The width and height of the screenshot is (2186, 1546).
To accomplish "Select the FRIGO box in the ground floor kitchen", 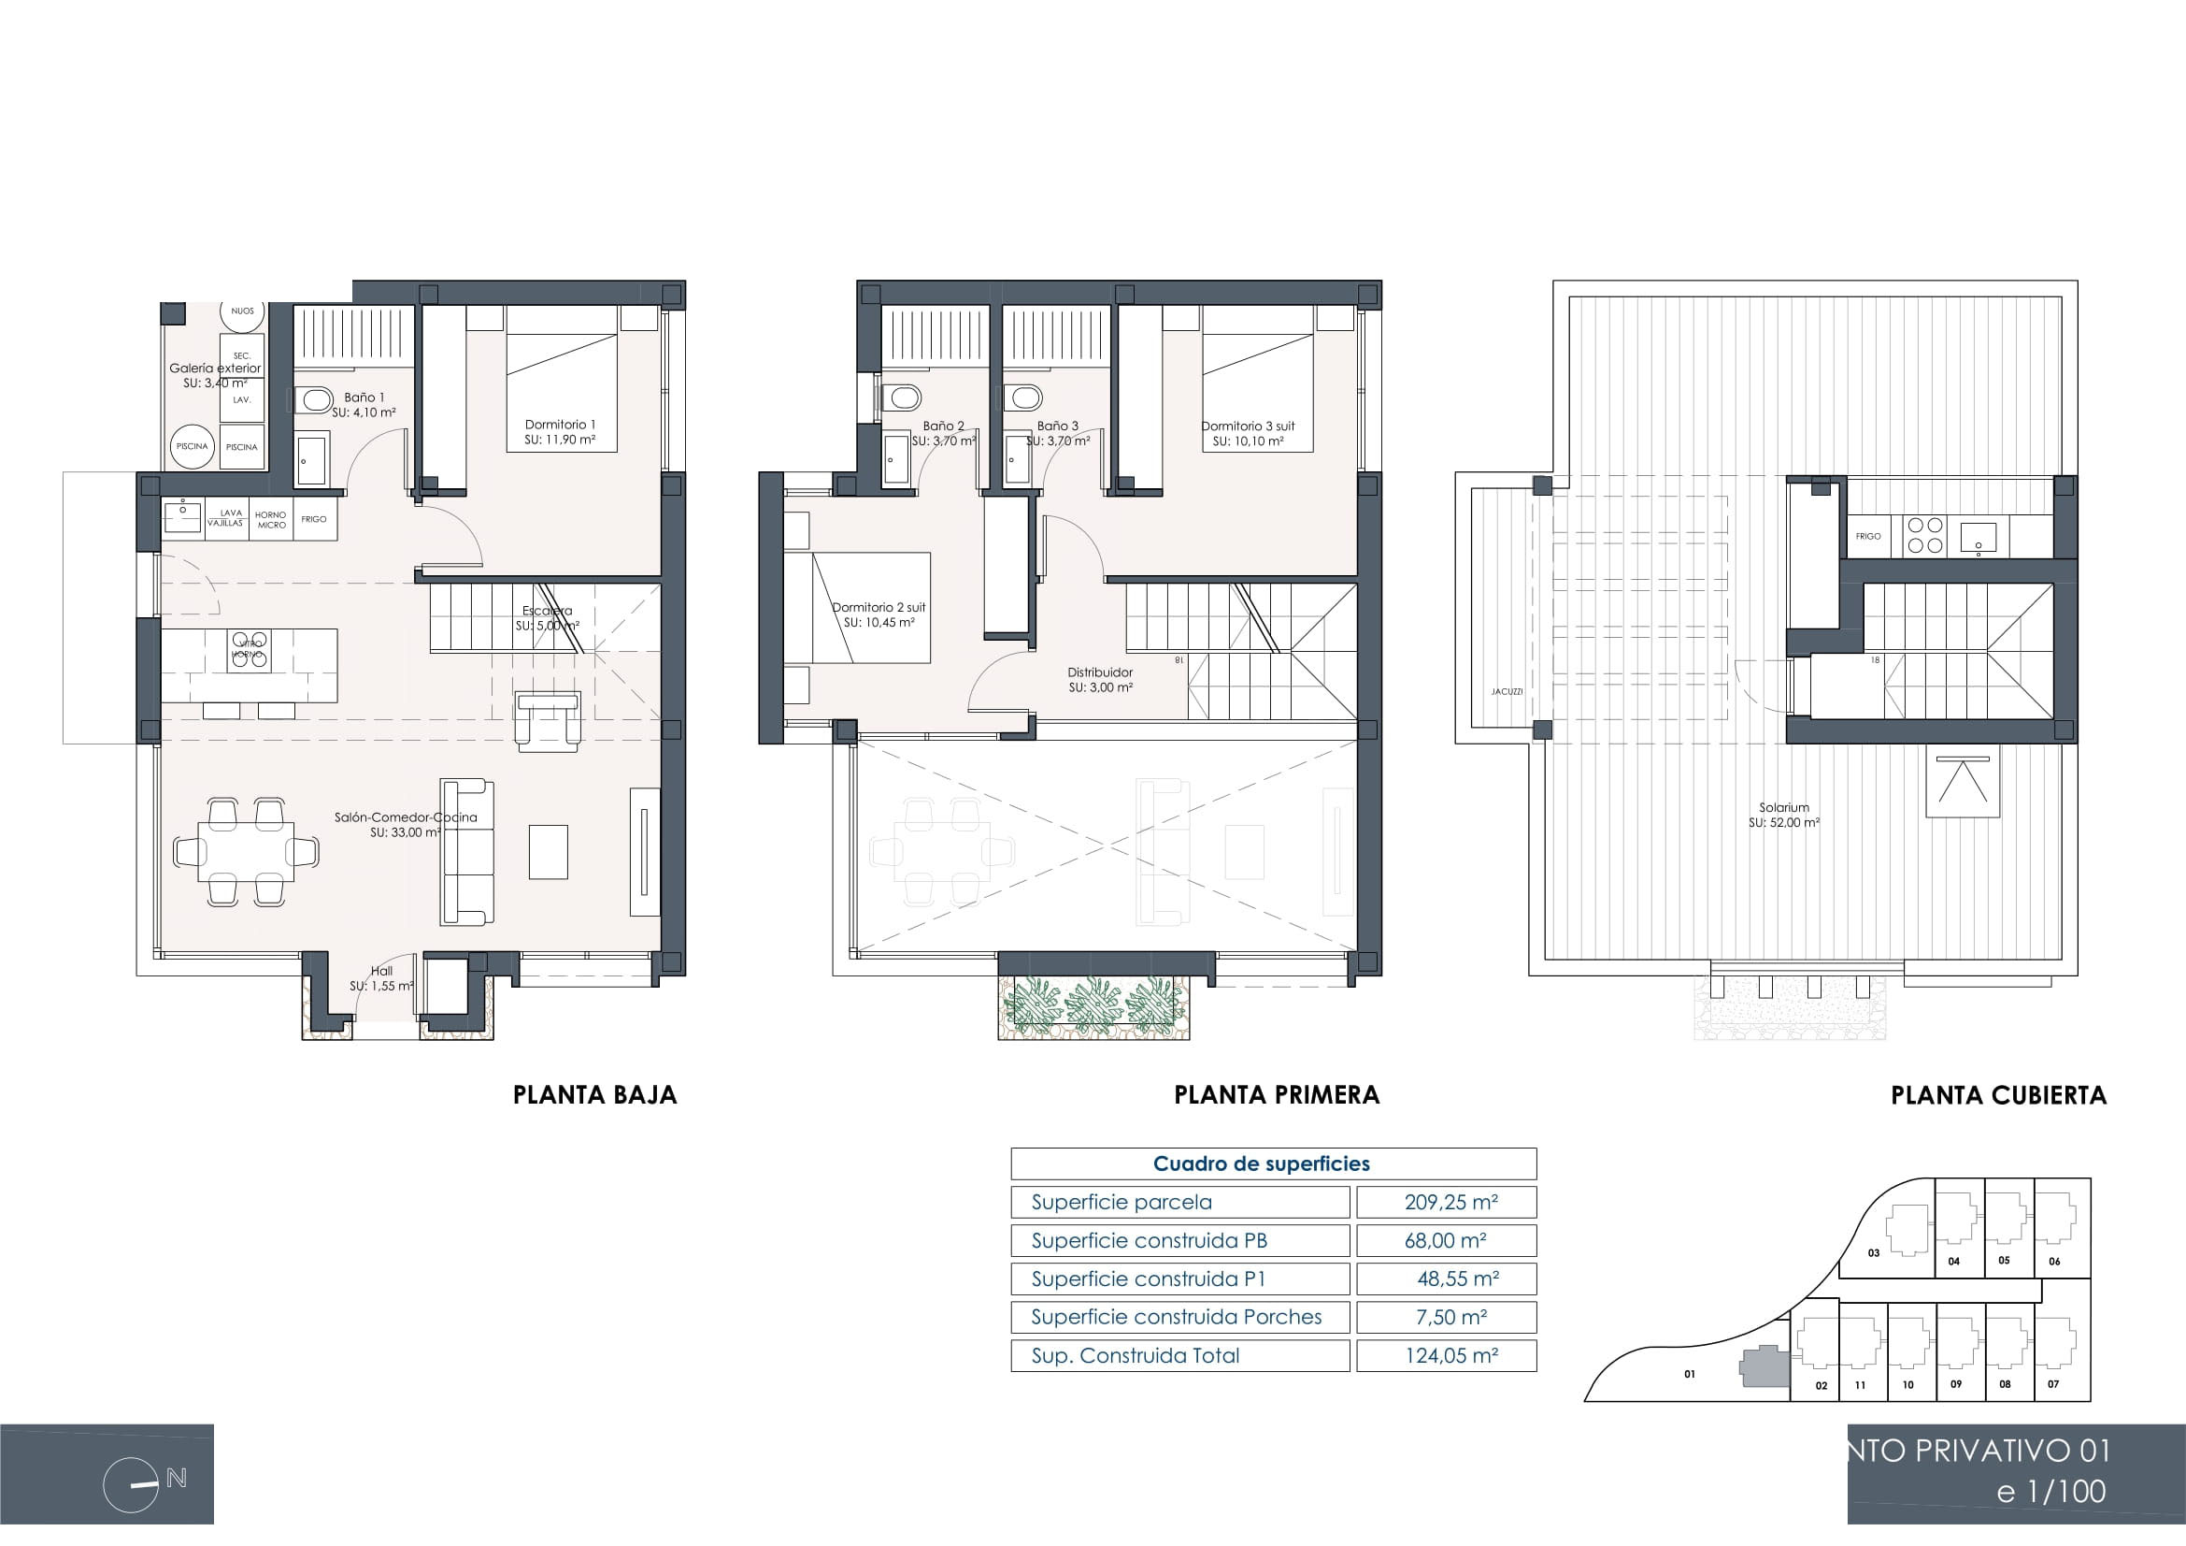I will (x=314, y=519).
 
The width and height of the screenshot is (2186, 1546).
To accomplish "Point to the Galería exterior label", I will (x=215, y=368).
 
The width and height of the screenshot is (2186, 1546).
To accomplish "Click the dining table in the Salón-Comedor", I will (x=246, y=852).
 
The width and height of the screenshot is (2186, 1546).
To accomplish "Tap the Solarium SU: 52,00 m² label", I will (x=1783, y=816).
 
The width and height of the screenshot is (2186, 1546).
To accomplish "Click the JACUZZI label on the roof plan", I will (x=1507, y=691).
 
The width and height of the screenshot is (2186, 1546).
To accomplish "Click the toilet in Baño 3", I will (x=1026, y=397).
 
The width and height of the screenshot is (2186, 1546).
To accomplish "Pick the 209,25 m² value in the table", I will (x=1450, y=1202).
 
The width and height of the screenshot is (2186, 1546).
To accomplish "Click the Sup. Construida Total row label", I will (x=1135, y=1355).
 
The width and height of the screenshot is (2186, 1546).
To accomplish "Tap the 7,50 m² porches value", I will (x=1450, y=1318).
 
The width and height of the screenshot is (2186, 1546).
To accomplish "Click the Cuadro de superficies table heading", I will (x=1261, y=1163).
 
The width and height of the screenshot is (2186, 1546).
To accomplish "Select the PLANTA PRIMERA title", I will (x=1276, y=1095).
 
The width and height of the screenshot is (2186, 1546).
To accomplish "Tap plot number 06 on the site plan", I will (x=2053, y=1261).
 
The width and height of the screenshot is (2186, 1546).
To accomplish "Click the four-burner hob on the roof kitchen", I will (x=1923, y=535).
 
